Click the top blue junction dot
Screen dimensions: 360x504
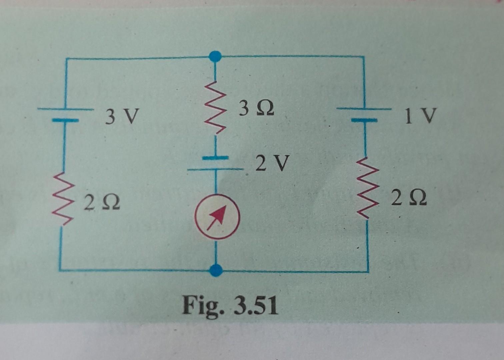tap(216, 57)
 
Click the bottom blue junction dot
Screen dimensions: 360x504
tap(217, 270)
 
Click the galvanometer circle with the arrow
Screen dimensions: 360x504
tap(217, 217)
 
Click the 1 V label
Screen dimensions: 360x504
tap(420, 116)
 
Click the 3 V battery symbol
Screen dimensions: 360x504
tap(65, 114)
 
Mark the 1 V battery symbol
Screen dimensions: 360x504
tap(364, 114)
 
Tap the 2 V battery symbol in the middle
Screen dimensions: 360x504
tap(216, 163)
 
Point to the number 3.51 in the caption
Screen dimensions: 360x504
tap(255, 306)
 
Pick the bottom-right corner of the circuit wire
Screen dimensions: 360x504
tap(368, 271)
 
